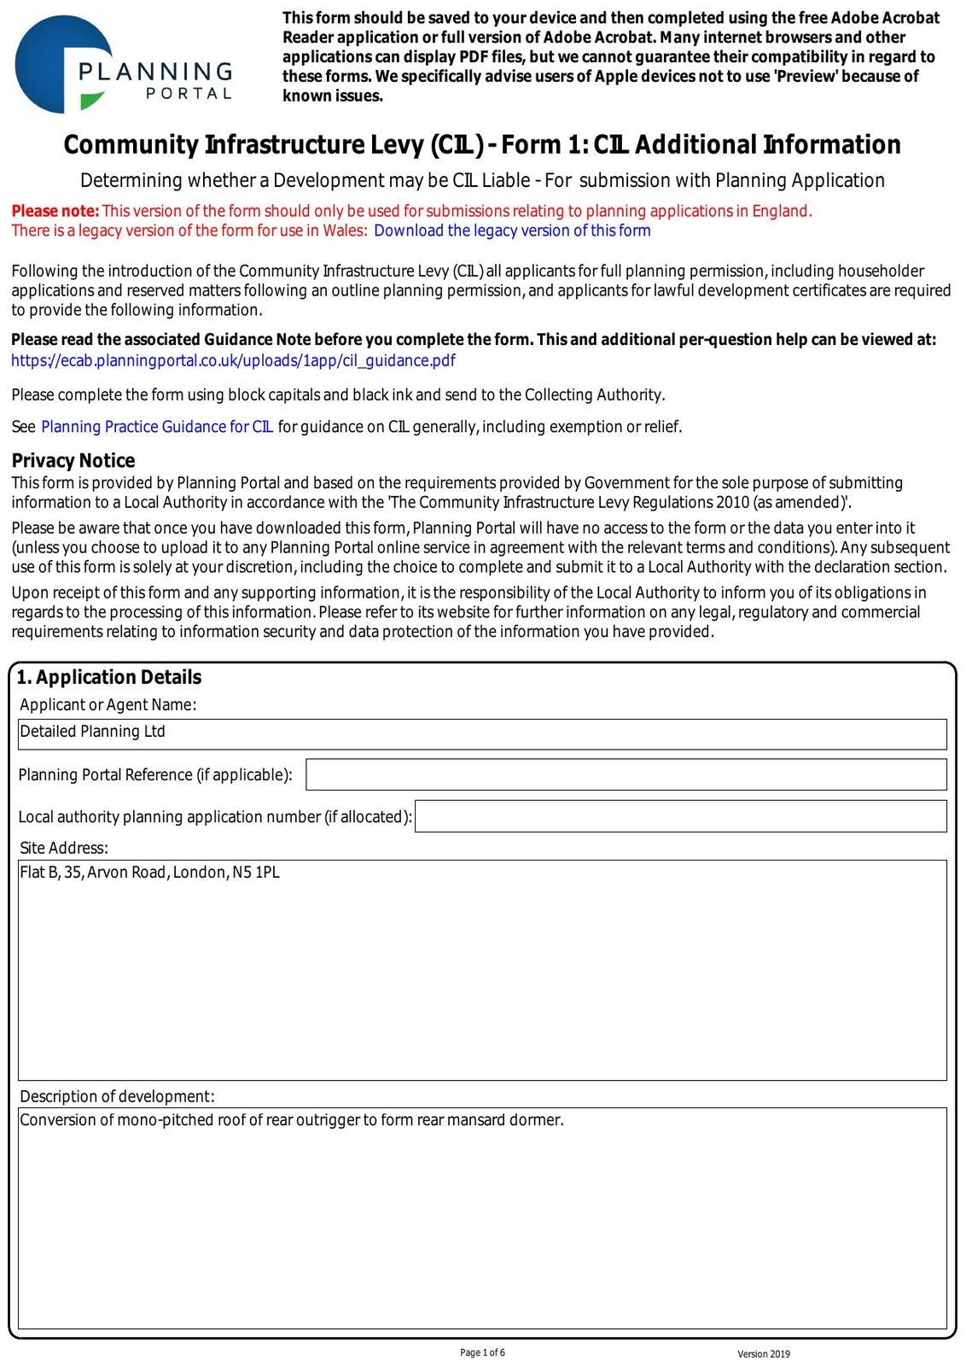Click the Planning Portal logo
click(124, 65)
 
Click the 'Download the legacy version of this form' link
click(512, 231)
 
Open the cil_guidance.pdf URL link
click(233, 360)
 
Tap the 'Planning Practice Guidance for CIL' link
click(157, 427)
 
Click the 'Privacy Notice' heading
click(73, 461)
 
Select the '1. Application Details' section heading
click(109, 677)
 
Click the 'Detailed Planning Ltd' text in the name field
click(92, 732)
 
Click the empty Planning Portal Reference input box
click(626, 774)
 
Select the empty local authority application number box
click(680, 816)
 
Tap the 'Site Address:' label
click(64, 848)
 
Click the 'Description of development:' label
click(117, 1096)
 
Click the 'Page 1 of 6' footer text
click(482, 1352)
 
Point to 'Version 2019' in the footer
click(764, 1354)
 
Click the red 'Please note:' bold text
click(55, 211)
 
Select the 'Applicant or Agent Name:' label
click(108, 704)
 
